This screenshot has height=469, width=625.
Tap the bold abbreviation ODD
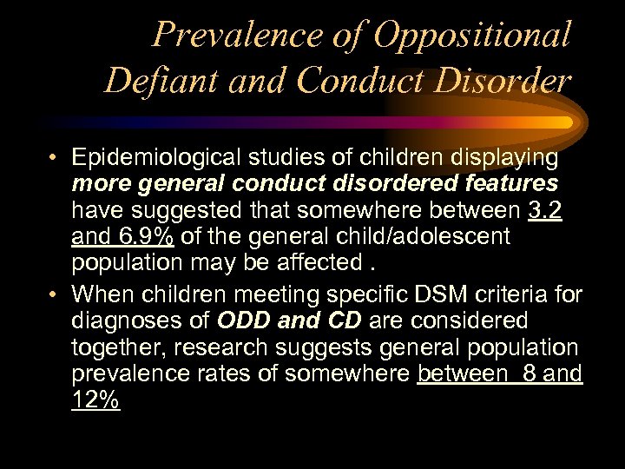[x=244, y=320]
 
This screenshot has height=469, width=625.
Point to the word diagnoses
[x=128, y=320]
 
